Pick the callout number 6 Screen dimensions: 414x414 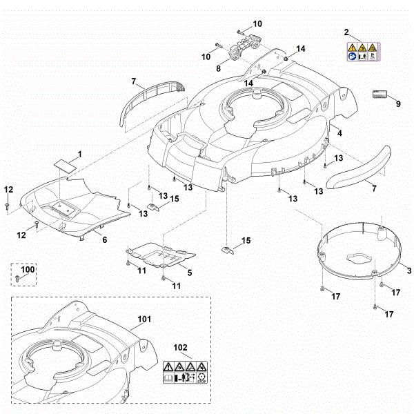[x=104, y=239]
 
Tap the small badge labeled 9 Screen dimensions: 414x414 [x=379, y=94]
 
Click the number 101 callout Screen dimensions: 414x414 [x=143, y=319]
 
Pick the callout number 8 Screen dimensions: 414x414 [x=218, y=69]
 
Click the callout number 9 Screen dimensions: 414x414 [x=397, y=103]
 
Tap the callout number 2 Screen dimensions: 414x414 [x=347, y=32]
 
